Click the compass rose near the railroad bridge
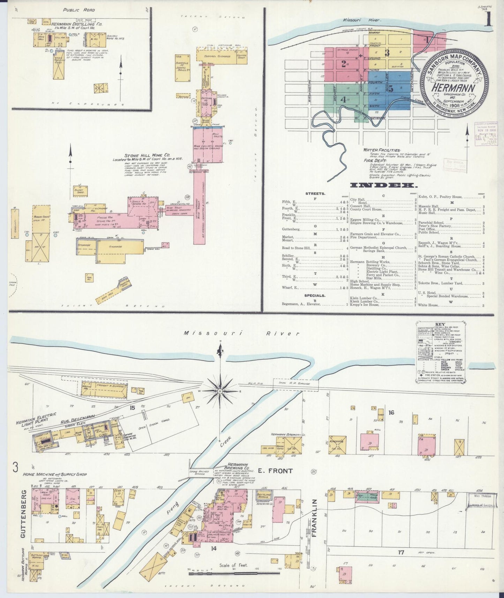[x=220, y=391]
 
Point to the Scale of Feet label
[x=234, y=565]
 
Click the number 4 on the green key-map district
[x=343, y=99]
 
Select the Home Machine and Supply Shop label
[x=55, y=474]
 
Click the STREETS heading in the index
[x=315, y=193]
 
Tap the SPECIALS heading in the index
[x=315, y=296]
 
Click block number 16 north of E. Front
[x=391, y=412]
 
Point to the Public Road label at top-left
[x=79, y=10]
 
